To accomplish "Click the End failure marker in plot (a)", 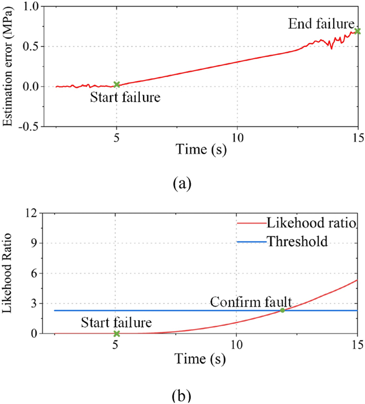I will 357,31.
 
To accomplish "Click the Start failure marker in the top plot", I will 117,84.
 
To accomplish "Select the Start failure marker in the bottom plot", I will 117,334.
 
